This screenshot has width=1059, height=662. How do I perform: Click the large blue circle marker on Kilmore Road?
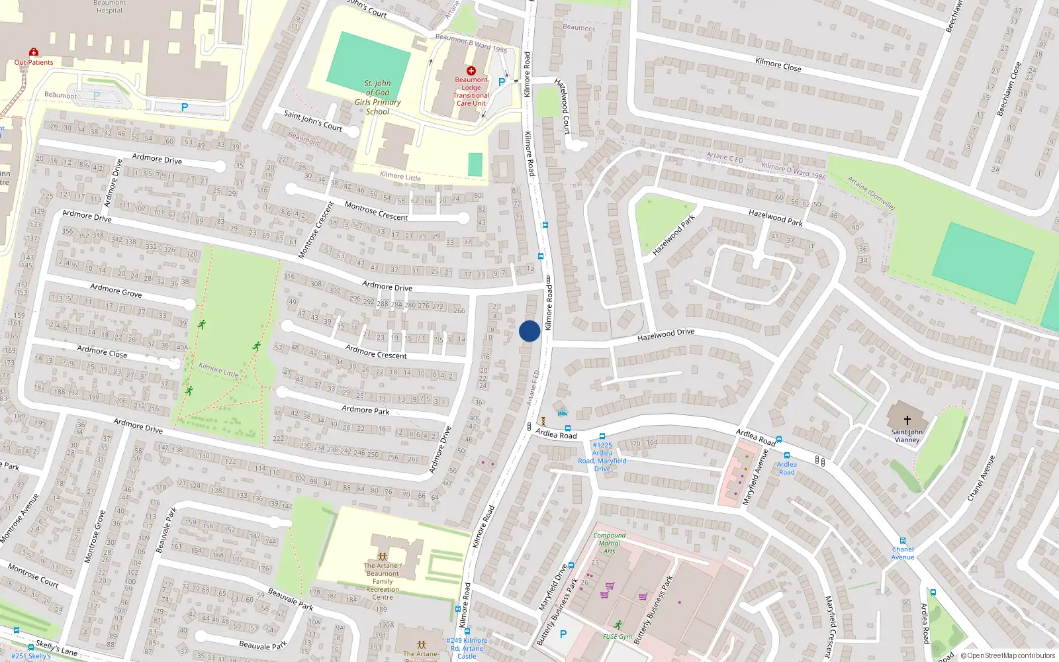click(529, 331)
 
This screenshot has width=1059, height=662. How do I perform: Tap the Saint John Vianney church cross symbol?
click(907, 420)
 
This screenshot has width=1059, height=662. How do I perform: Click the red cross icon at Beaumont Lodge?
click(471, 71)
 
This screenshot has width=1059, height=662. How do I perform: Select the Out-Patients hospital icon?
click(33, 52)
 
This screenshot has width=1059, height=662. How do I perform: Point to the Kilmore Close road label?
click(778, 65)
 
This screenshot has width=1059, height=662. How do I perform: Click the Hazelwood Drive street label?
click(666, 335)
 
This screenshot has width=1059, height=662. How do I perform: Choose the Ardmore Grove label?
click(116, 290)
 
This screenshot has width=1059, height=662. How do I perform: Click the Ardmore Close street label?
click(102, 351)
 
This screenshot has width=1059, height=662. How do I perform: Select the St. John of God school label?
click(378, 97)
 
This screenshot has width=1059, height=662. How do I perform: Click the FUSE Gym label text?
click(617, 637)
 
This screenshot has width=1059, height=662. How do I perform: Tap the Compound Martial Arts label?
click(609, 543)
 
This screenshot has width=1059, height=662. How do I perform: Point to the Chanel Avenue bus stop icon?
click(902, 541)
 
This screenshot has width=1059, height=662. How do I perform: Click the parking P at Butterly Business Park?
click(563, 634)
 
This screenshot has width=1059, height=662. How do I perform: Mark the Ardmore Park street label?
click(365, 410)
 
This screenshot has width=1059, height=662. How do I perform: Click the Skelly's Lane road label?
click(56, 647)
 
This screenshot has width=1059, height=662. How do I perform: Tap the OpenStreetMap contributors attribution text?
click(1008, 656)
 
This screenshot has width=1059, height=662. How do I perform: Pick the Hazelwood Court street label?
click(563, 106)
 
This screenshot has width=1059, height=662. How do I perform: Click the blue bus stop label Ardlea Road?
click(786, 468)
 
